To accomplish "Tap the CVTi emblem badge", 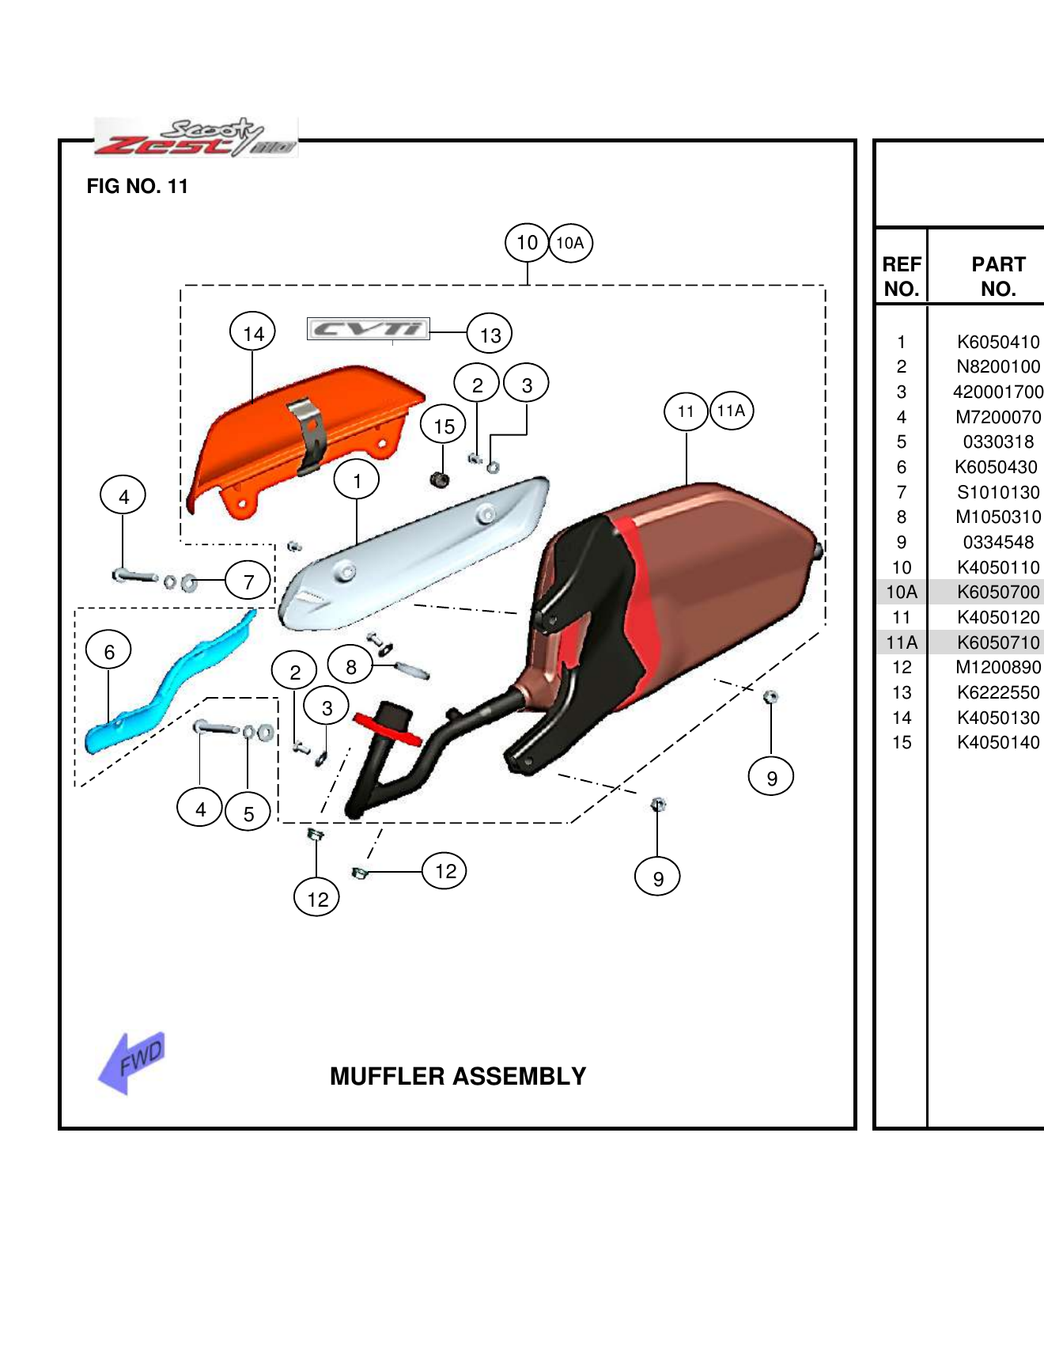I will point(369,328).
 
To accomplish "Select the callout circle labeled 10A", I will point(570,243).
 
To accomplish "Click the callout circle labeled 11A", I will point(732,411).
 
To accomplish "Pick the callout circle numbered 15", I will point(444,426).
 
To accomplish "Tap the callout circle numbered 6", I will point(109,651).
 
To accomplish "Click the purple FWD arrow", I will point(133,1062).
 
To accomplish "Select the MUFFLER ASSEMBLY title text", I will point(458,1076).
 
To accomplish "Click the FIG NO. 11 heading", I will point(138,187).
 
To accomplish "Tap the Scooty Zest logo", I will point(195,138).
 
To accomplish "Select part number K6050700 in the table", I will point(997,592).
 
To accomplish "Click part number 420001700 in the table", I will point(997,392).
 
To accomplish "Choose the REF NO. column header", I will point(902,276).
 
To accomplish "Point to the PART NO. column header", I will point(997,276).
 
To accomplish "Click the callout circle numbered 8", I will point(350,666).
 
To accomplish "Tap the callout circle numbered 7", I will point(248,582).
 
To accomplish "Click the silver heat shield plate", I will point(411,554).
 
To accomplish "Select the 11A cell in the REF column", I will point(902,642).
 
